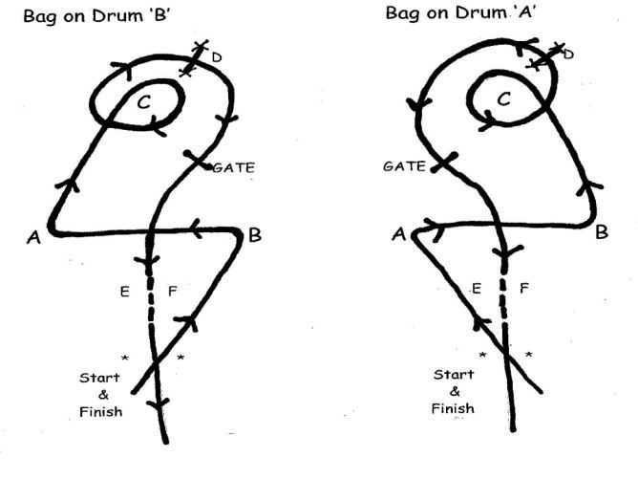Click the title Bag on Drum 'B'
(x=96, y=16)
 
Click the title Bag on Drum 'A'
(x=460, y=13)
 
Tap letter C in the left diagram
(x=144, y=102)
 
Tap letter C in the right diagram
(x=503, y=99)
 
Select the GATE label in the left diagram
(x=234, y=167)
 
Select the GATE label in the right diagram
(x=404, y=166)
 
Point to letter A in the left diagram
(x=33, y=237)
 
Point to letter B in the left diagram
(x=255, y=235)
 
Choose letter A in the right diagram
(x=399, y=234)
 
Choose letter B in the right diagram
(x=602, y=232)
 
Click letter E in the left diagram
(x=125, y=292)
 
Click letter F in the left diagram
(x=173, y=292)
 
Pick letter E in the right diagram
(x=477, y=289)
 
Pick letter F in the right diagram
(x=524, y=289)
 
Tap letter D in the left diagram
(x=217, y=57)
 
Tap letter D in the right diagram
(x=568, y=54)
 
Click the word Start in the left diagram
(x=99, y=378)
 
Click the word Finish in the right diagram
(x=453, y=408)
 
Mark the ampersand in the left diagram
(x=103, y=395)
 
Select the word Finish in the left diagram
(x=101, y=412)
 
